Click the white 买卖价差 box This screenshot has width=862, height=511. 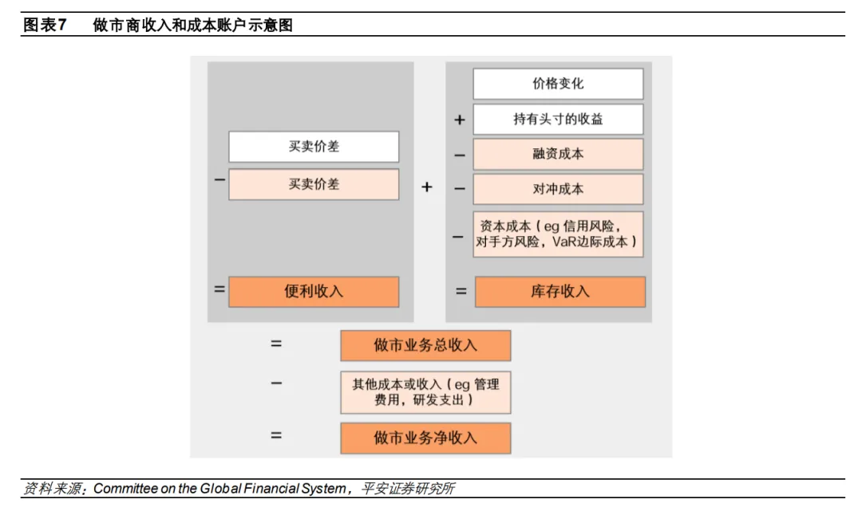pos(314,147)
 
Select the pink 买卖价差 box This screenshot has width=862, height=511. pos(314,184)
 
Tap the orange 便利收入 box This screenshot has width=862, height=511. pos(314,292)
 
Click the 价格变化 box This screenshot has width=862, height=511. pos(558,84)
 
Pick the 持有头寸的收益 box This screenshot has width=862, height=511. pos(558,119)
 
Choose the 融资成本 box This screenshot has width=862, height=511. pos(558,154)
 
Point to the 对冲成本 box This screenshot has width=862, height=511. pos(558,190)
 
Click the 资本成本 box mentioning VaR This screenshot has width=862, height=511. pos(558,234)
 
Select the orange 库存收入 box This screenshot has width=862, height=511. pos(560,292)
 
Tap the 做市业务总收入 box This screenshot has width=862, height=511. pos(425,345)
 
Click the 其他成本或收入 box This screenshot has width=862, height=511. pos(425,392)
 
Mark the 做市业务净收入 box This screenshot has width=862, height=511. pos(425,438)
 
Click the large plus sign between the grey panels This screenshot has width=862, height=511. pos(427,187)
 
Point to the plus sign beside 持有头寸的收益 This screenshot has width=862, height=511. pos(460,120)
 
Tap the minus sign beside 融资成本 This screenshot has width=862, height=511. pos(460,155)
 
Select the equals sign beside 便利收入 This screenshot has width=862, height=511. pos(219,289)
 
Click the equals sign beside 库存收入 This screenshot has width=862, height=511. pos(461,292)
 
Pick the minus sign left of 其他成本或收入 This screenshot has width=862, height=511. pos(276,383)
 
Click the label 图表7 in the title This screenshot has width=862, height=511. pos(44,26)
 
